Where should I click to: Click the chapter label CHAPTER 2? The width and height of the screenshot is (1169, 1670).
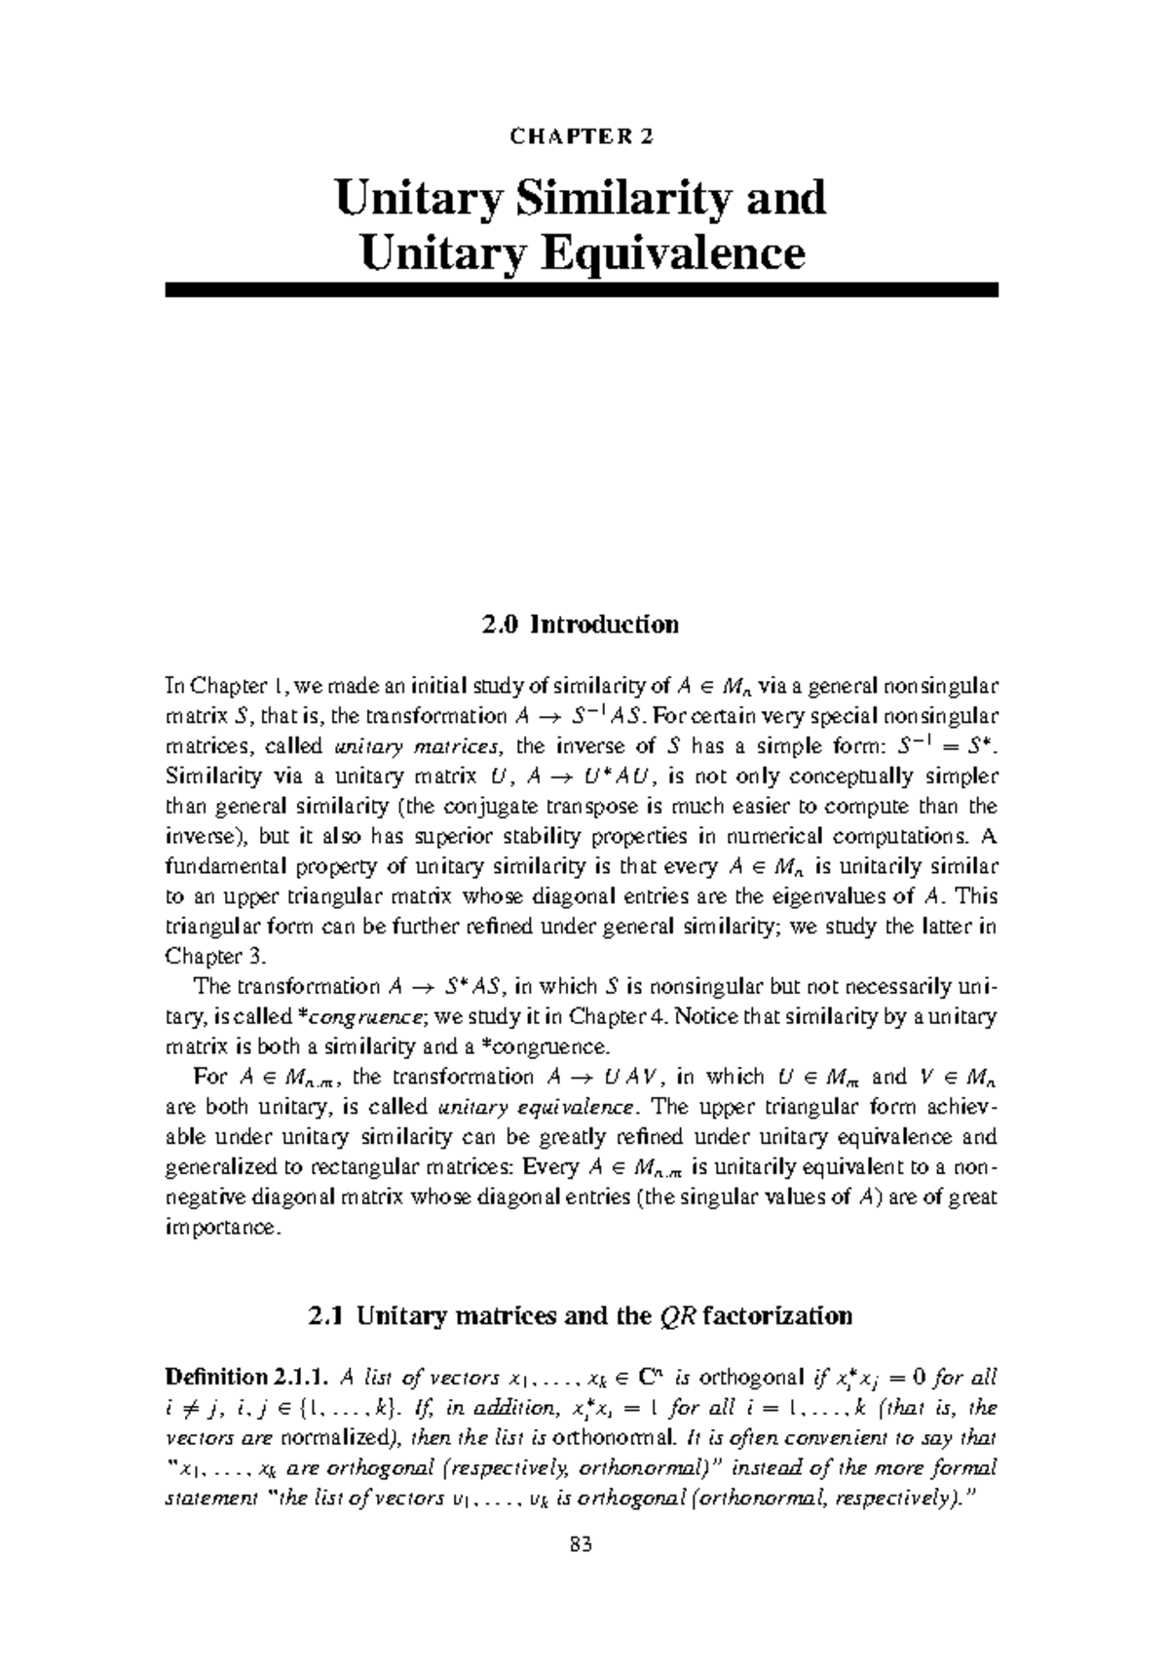click(582, 136)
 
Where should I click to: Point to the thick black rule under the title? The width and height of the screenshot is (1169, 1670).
click(582, 289)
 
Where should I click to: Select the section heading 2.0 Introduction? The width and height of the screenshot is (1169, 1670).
click(581, 625)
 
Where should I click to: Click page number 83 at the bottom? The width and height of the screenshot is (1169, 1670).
click(582, 1572)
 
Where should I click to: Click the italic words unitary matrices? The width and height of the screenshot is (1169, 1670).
click(418, 747)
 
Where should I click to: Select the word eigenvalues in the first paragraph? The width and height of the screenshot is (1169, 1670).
click(826, 897)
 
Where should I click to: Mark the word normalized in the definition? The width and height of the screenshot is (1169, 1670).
click(332, 1438)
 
